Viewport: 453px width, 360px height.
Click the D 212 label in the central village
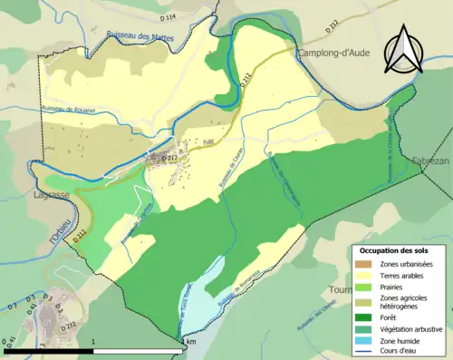(x=169, y=158)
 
